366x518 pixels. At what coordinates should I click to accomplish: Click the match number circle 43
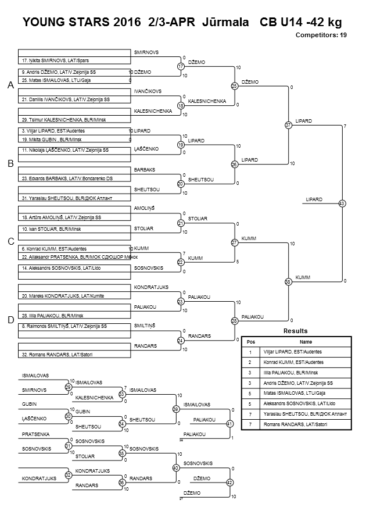tap(342, 203)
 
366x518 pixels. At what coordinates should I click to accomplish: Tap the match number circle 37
tap(289, 125)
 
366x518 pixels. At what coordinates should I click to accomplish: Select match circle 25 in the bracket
tap(235, 86)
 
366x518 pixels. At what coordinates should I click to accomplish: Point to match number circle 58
tap(288, 281)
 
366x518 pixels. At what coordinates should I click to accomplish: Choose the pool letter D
tap(10, 320)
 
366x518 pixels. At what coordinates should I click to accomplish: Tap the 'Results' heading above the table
tap(296, 330)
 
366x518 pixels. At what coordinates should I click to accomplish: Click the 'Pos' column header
tap(251, 342)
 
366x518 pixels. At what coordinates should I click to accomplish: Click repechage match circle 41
tap(229, 424)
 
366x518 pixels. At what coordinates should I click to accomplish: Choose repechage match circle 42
tap(229, 483)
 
